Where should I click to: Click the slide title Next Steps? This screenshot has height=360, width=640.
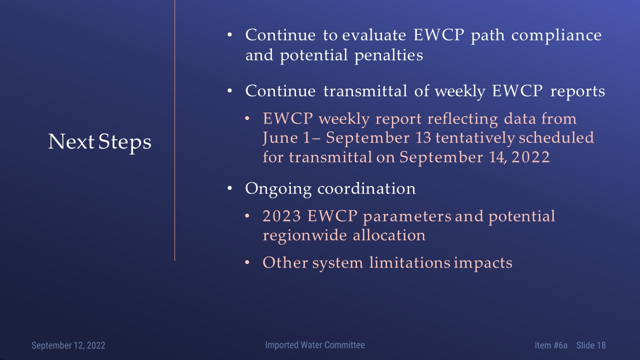click(99, 142)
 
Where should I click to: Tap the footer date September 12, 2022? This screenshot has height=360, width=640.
click(68, 345)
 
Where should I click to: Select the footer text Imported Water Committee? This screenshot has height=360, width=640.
click(315, 345)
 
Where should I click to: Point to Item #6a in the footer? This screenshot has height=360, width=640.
click(551, 345)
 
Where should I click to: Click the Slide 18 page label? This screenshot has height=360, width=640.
click(591, 345)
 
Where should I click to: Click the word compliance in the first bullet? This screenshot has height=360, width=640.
click(556, 35)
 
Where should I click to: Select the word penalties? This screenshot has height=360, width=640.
click(388, 55)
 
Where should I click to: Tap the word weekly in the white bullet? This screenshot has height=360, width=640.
click(459, 91)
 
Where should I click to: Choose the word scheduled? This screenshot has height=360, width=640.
click(556, 138)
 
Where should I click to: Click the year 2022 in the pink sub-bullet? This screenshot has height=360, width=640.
click(530, 157)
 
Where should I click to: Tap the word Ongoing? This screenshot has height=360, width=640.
click(278, 189)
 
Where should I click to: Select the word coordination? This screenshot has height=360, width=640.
click(366, 188)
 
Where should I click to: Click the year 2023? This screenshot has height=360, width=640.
click(281, 216)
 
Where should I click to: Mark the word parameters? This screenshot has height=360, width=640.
click(407, 217)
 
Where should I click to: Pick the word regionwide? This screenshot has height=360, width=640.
click(305, 236)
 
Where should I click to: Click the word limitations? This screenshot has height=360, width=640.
click(409, 262)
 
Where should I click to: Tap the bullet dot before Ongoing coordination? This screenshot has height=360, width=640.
click(229, 188)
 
